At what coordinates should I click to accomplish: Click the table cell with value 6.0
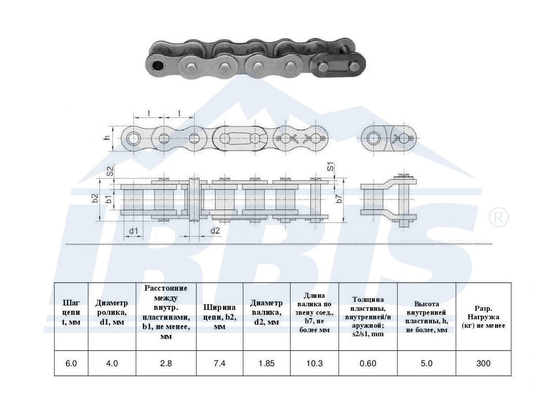click(71, 363)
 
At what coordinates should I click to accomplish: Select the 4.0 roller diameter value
click(112, 363)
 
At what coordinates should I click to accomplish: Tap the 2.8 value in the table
click(166, 363)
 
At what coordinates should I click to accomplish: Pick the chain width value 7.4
click(220, 363)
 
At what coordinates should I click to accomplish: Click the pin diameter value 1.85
click(267, 363)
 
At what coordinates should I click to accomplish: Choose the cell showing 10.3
click(315, 363)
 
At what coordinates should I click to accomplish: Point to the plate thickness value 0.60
click(368, 363)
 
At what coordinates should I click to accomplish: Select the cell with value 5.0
click(427, 363)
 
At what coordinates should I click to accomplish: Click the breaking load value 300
click(483, 363)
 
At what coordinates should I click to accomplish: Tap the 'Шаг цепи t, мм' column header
click(71, 312)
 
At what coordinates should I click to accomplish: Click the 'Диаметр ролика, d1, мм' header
click(112, 312)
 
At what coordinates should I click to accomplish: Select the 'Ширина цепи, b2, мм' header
click(220, 317)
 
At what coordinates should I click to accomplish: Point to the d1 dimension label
click(133, 231)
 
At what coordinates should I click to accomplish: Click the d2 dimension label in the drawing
click(215, 230)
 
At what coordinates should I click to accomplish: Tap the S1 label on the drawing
click(331, 167)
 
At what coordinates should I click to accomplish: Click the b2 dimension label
click(95, 198)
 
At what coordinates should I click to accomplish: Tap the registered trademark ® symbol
click(498, 217)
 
